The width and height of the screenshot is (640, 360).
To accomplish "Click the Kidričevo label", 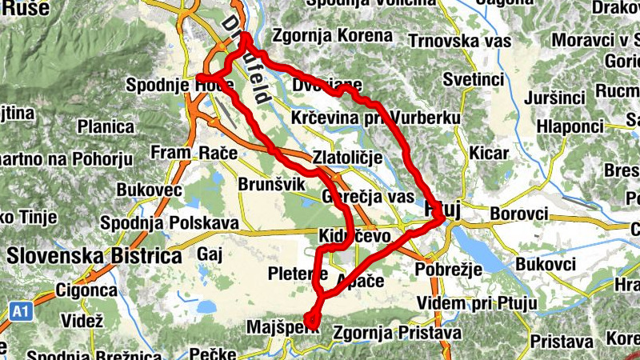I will [353, 238].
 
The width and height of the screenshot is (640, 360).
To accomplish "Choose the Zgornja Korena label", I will [333, 36].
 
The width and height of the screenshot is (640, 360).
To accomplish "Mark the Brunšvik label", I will [273, 185].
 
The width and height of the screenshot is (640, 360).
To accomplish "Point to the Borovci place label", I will [518, 214].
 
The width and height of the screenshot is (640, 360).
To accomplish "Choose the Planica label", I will [106, 126].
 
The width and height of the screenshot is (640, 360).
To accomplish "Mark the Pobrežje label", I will [447, 270].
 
